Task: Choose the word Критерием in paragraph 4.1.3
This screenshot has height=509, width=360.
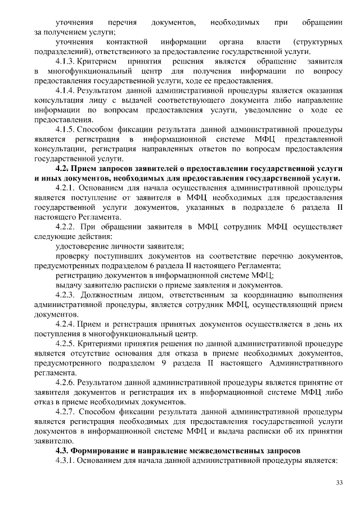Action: point(97,60)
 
